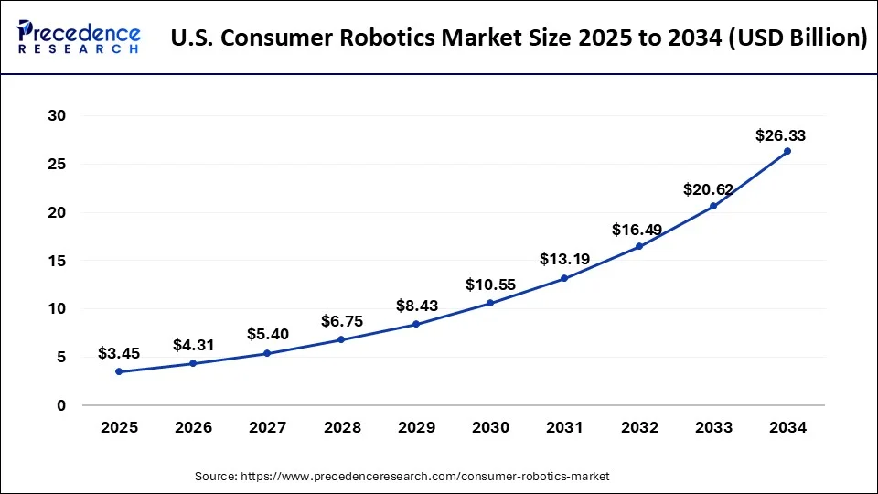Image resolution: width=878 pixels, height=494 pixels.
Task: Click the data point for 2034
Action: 787,151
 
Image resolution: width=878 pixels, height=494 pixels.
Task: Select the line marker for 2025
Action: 118,371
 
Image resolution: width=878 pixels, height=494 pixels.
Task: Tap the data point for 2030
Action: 490,303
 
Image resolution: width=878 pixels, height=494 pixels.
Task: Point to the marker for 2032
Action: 638,246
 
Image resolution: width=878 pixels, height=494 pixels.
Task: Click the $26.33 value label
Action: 780,135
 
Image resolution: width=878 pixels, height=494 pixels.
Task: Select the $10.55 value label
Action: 490,285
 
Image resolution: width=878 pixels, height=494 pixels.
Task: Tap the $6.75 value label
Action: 341,321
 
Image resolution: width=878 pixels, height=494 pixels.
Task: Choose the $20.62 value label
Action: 708,189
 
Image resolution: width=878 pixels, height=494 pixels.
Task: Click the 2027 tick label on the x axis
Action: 267,426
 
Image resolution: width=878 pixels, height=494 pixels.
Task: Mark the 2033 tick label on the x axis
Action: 713,426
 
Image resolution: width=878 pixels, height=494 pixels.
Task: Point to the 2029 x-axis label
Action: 416,426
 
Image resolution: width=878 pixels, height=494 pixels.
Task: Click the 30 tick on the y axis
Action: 58,116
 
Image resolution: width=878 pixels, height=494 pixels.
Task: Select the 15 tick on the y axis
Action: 58,261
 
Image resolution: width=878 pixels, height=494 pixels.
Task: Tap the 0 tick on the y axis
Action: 62,405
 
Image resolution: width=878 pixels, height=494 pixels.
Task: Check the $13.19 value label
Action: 564,259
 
